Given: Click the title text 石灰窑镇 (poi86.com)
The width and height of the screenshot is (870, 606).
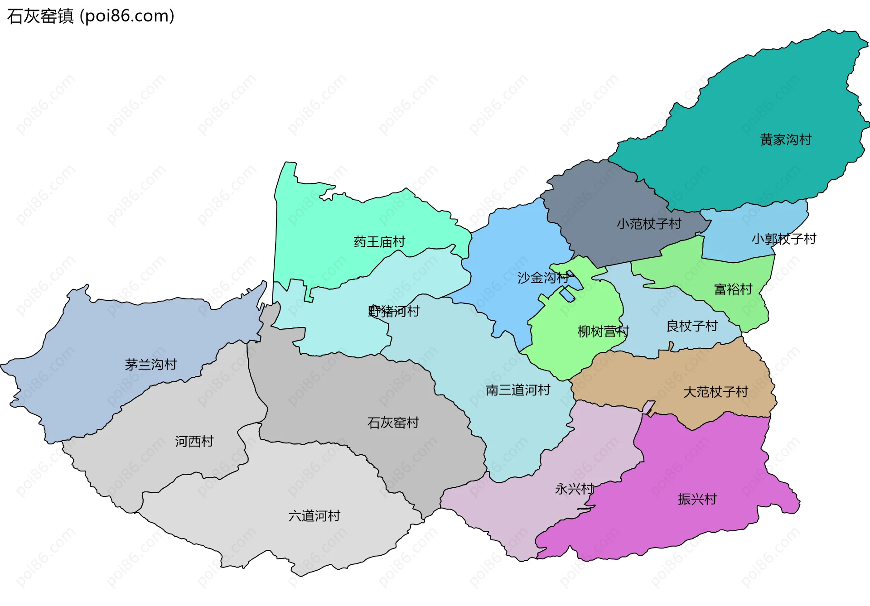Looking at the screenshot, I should [x=91, y=16].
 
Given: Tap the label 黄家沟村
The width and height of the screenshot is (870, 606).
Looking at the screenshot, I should [x=785, y=139].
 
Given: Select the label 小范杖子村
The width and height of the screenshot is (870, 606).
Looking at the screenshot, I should [x=649, y=224].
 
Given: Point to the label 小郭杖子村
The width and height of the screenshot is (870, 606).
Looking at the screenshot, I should [x=783, y=239].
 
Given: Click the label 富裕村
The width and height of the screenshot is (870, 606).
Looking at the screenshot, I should [x=733, y=289].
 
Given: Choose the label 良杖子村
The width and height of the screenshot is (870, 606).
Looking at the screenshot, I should [x=692, y=326].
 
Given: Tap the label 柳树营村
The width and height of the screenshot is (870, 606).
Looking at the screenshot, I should [x=603, y=332].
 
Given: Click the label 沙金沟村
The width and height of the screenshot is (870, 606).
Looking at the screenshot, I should [x=543, y=278].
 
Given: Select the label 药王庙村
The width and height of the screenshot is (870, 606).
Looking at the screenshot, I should [x=379, y=242].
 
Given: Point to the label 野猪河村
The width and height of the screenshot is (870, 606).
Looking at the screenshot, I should [x=394, y=311].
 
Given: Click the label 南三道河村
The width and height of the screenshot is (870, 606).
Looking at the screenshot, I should [x=518, y=390].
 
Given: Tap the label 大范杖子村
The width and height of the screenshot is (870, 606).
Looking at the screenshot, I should [x=715, y=392].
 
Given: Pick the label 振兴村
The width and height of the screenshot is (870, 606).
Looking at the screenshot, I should [x=697, y=499].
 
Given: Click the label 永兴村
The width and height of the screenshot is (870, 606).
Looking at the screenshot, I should [x=574, y=489].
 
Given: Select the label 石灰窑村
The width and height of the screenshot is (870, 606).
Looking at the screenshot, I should [x=393, y=423].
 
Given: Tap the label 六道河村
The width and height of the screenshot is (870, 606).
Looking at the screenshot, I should [x=314, y=515].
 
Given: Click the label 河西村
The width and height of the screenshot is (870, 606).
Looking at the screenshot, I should [x=194, y=441].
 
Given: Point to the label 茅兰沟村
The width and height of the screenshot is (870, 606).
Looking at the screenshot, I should [x=150, y=364].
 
